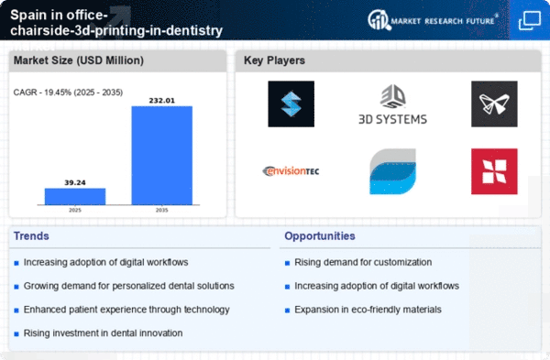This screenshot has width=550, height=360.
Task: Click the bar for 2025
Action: (x=75, y=196)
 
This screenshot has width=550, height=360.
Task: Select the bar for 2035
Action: (x=161, y=156)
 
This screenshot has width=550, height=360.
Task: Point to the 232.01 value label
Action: (x=161, y=101)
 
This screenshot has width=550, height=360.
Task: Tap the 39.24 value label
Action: (x=75, y=182)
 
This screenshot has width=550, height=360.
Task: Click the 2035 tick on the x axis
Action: (x=161, y=210)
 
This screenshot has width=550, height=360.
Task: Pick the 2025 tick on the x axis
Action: (x=75, y=210)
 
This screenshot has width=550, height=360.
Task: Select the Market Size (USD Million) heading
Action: (x=79, y=60)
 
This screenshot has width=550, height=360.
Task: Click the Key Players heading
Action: (x=274, y=60)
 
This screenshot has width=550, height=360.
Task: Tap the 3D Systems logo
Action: (x=392, y=104)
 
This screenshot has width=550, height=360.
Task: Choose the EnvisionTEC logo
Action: (x=291, y=171)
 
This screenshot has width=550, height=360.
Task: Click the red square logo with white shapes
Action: (x=494, y=171)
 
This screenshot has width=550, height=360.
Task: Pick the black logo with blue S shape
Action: (x=291, y=104)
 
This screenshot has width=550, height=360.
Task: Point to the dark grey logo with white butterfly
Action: (x=494, y=104)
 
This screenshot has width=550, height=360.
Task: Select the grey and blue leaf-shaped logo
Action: (x=393, y=171)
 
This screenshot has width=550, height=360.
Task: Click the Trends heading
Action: (x=31, y=236)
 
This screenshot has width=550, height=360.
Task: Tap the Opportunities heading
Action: (x=320, y=236)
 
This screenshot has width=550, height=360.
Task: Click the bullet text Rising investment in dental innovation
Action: (x=103, y=333)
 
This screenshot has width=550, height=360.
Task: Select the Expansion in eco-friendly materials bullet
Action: (x=368, y=310)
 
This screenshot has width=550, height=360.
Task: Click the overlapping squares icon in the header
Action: (x=530, y=21)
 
